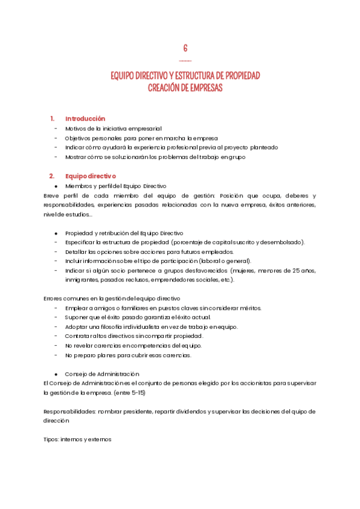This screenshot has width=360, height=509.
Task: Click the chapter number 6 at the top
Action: pyautogui.click(x=185, y=48)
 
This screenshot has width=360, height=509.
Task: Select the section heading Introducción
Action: pyautogui.click(x=85, y=118)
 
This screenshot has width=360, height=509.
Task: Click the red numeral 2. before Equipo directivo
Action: pyautogui.click(x=52, y=176)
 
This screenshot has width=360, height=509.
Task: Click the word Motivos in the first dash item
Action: pyautogui.click(x=76, y=128)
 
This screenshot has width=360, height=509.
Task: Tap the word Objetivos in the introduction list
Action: pyautogui.click(x=79, y=137)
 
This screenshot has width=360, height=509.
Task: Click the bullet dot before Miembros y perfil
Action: pyautogui.click(x=56, y=186)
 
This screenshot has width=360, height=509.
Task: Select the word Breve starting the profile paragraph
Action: pyautogui.click(x=53, y=196)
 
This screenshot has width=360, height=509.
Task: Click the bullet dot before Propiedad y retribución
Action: pyautogui.click(x=56, y=233)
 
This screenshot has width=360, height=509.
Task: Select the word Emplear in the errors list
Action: pyautogui.click(x=77, y=308)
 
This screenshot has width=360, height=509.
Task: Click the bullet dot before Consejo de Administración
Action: pyautogui.click(x=56, y=373)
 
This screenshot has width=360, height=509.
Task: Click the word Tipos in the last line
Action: pyautogui.click(x=52, y=439)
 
